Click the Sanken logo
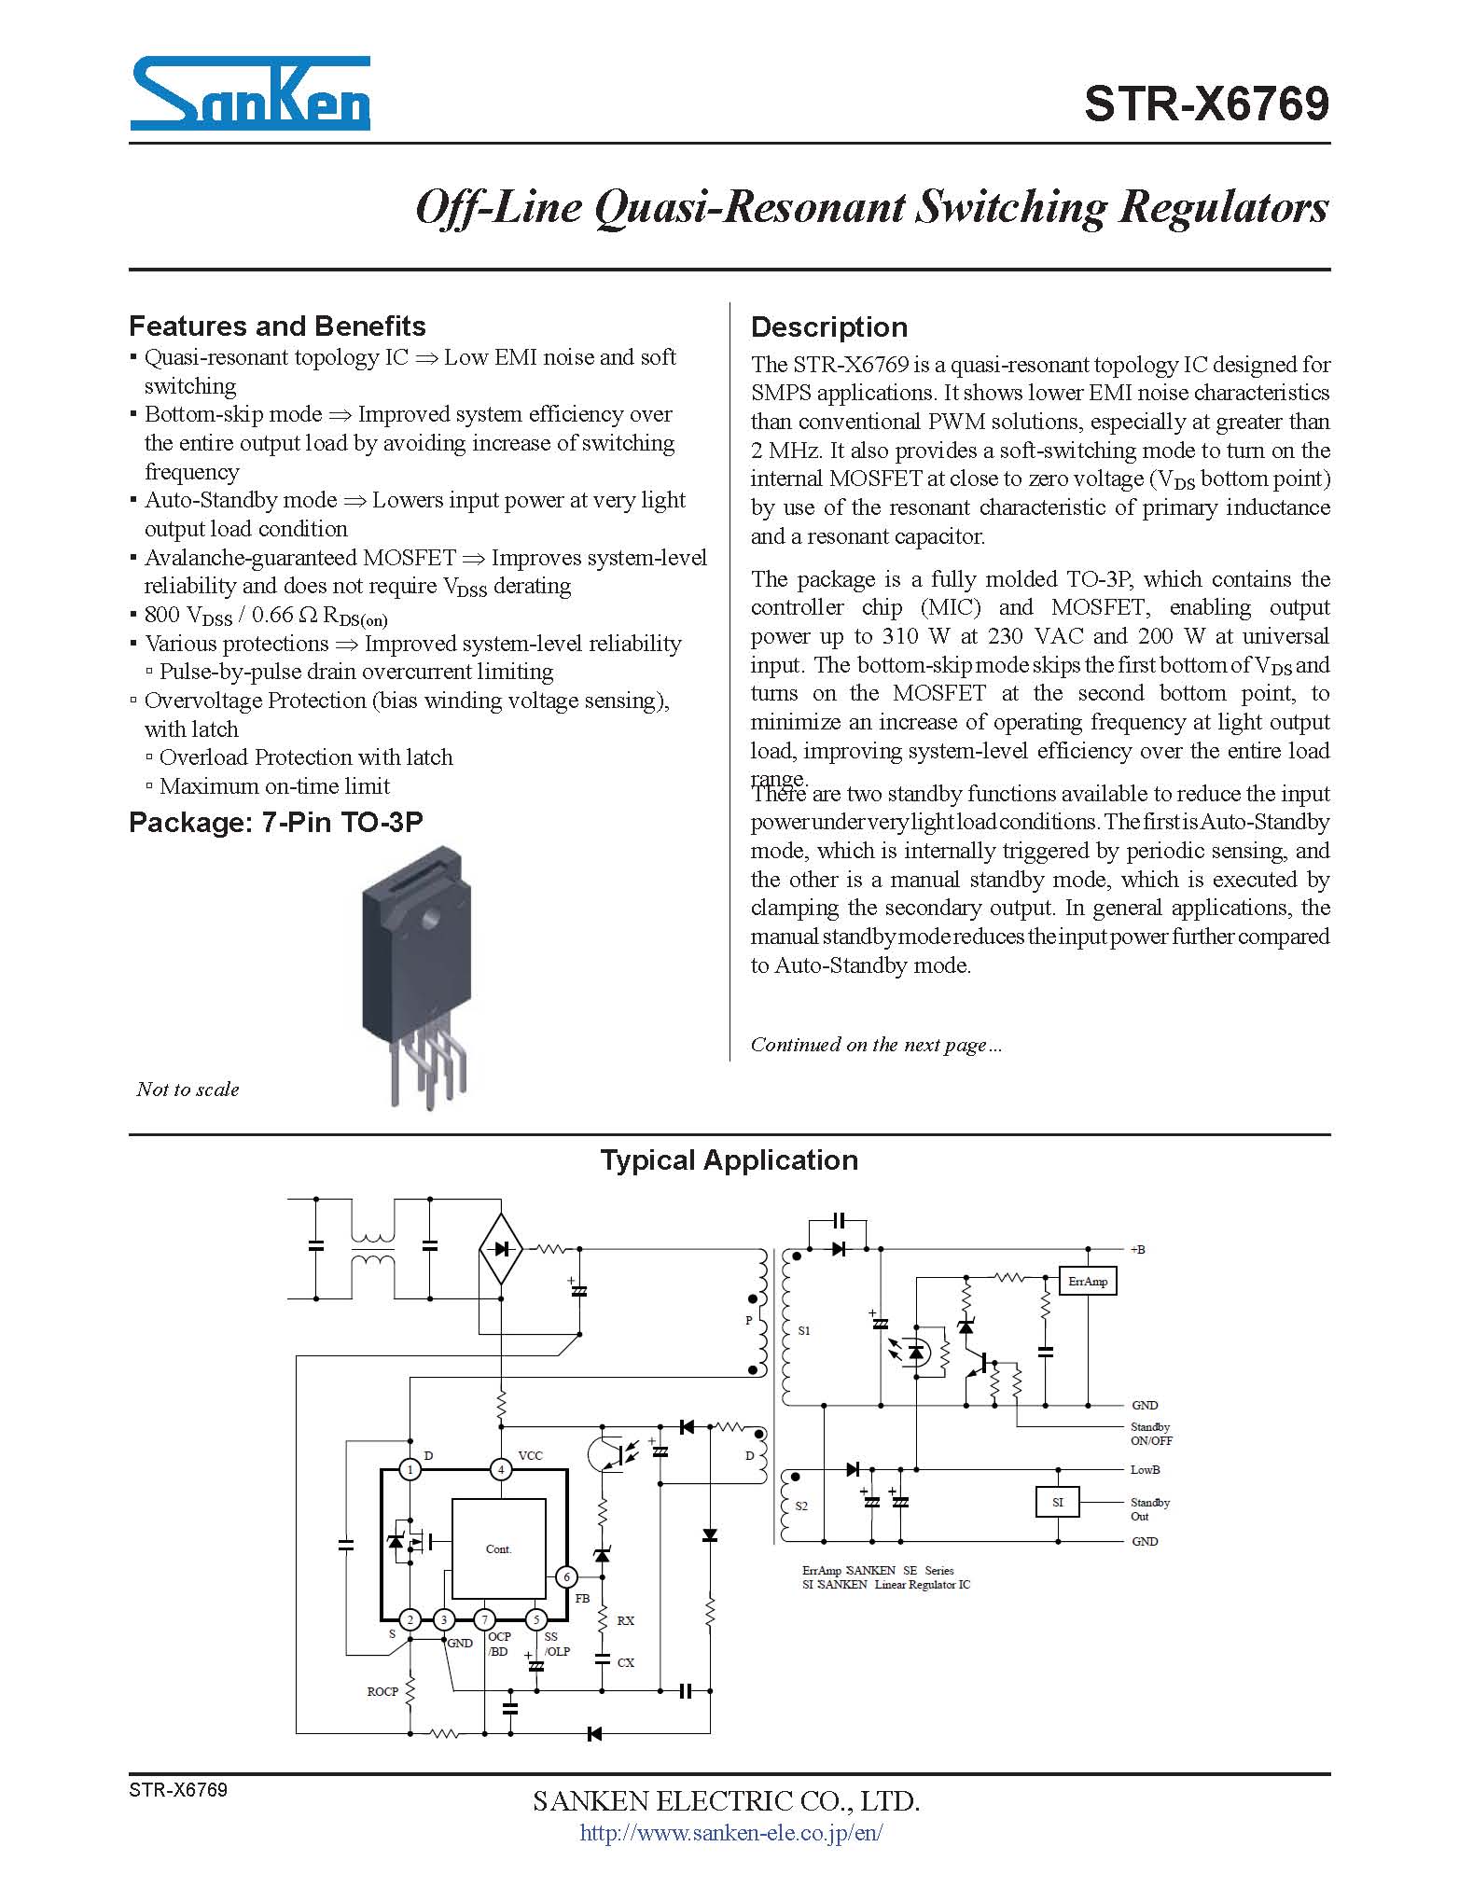[x=250, y=93]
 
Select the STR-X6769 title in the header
[x=1205, y=104]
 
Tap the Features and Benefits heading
[x=277, y=326]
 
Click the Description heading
[x=828, y=326]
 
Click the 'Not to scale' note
[x=188, y=1089]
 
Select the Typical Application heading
[x=729, y=1159]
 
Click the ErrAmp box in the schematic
[x=1088, y=1281]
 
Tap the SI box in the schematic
[x=1057, y=1502]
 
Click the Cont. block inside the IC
[x=498, y=1548]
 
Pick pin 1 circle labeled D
[x=410, y=1469]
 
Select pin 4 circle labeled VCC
[x=501, y=1469]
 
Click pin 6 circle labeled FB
[x=565, y=1576]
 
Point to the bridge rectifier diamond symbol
[x=501, y=1248]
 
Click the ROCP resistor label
[x=382, y=1691]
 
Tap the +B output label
[x=1137, y=1249]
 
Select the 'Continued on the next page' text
[x=876, y=1045]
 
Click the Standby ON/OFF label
[x=1151, y=1434]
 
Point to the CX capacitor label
[x=626, y=1662]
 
